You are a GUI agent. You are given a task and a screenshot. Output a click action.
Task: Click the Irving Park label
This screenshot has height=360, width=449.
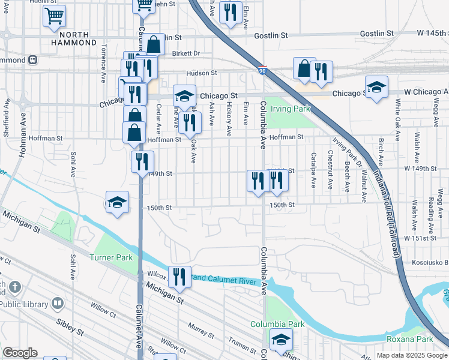click(x=291, y=109)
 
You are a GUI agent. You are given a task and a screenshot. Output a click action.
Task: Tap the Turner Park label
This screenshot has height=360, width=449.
click(x=106, y=257)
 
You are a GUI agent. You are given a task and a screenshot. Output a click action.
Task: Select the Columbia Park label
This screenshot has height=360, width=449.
click(x=277, y=324)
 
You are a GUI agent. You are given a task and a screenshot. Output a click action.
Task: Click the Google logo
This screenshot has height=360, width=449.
click(x=20, y=353)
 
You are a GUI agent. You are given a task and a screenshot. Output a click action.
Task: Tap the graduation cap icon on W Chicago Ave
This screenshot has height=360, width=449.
click(x=376, y=87)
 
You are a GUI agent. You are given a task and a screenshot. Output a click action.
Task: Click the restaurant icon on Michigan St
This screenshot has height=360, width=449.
click(x=179, y=276)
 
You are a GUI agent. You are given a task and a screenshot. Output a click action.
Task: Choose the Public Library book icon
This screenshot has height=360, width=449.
click(x=57, y=304)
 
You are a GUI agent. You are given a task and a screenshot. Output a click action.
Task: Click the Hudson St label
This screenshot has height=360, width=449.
click(x=201, y=73)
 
